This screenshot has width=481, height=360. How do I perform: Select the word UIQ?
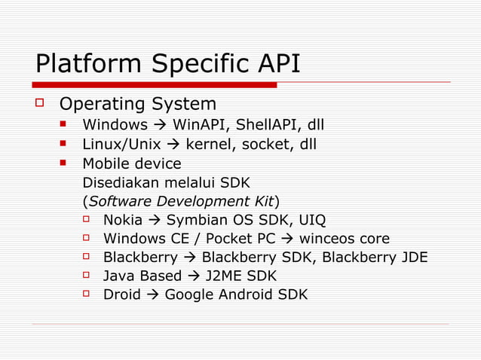point(312,221)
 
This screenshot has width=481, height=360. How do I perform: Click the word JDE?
point(413,258)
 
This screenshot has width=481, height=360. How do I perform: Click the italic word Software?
point(119,201)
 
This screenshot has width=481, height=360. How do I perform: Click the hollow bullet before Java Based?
point(87,275)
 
